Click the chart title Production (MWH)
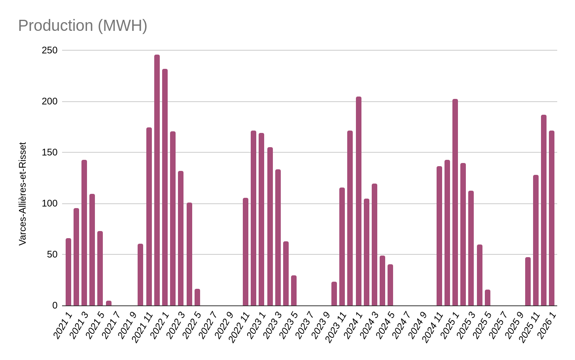(83, 26)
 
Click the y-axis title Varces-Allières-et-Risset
(23, 194)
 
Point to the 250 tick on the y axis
(49, 51)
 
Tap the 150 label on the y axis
(49, 153)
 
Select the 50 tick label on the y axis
(52, 255)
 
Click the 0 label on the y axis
(55, 306)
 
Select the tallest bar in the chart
(157, 180)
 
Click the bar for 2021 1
(68, 272)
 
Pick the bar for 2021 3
(84, 233)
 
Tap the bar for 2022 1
(165, 188)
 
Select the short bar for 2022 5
(197, 297)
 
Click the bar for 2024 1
(359, 201)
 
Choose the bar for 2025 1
(455, 203)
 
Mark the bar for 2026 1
(552, 218)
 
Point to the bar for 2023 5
(294, 291)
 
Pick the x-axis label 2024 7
(401, 325)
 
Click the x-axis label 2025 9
(514, 325)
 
